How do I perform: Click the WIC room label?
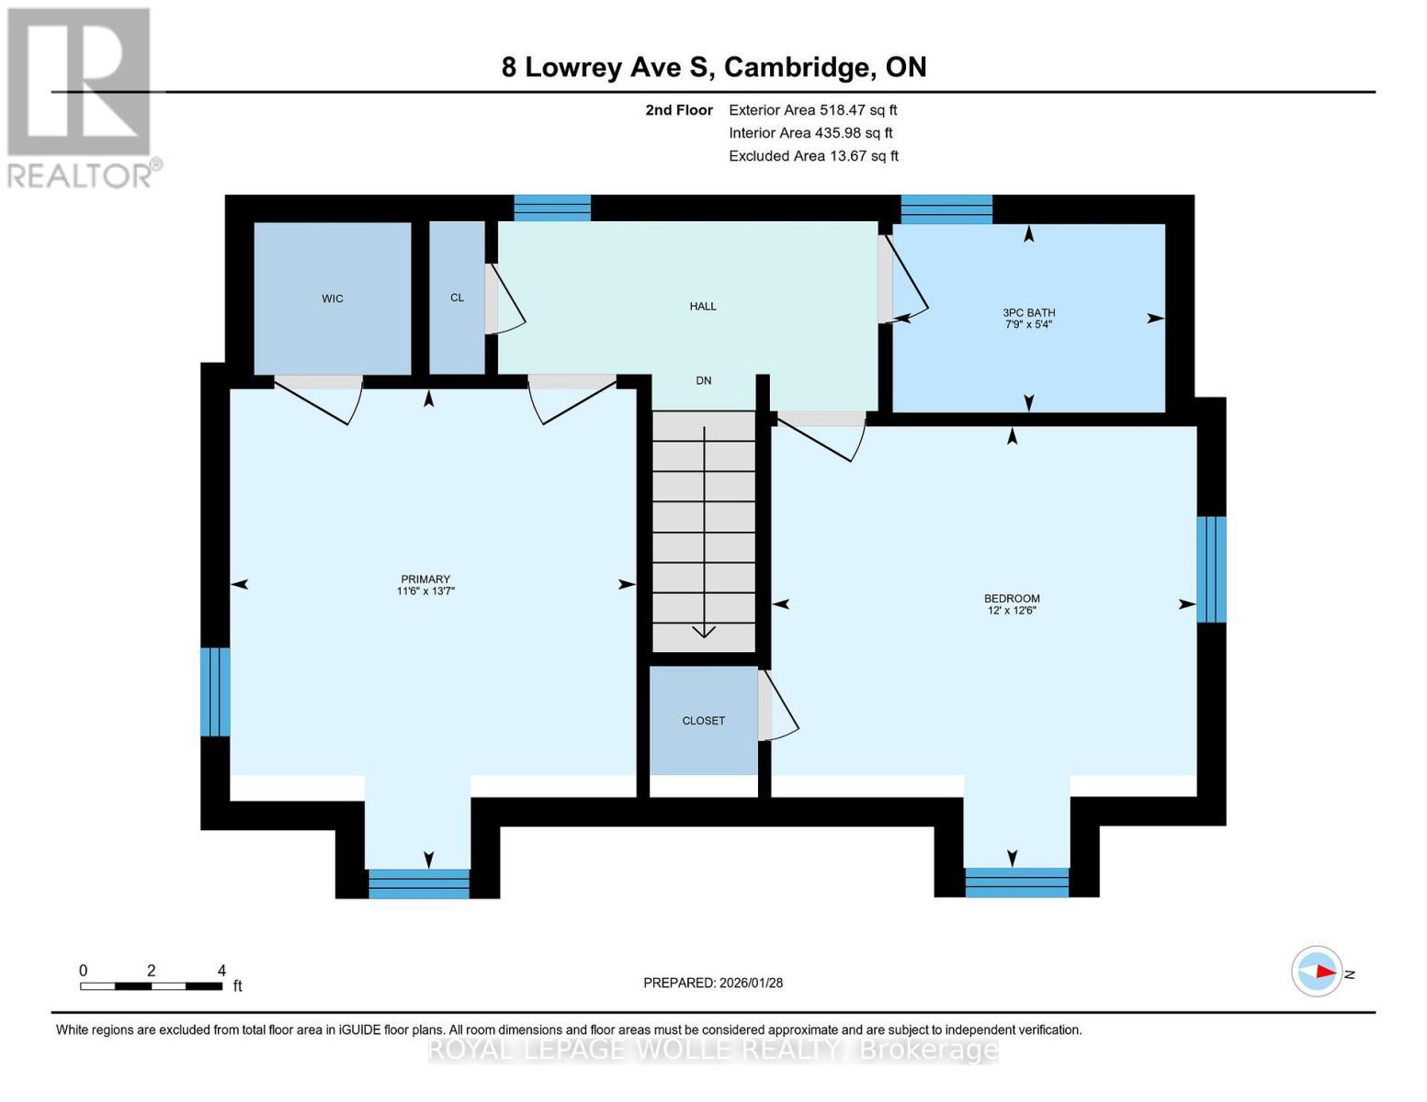333,298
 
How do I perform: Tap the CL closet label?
457,298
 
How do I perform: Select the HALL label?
703,306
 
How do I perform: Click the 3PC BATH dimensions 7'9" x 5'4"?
1028,324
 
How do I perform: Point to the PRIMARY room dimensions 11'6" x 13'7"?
425,591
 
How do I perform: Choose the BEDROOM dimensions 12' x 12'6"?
1011,611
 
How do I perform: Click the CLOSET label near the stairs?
703,721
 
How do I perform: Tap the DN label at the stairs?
703,380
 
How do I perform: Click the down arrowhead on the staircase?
704,631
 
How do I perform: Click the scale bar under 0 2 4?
151,986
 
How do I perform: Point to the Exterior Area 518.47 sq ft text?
812,110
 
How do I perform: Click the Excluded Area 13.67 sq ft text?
813,156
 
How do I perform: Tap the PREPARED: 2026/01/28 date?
713,983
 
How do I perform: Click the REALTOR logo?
81,96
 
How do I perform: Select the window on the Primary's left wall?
215,692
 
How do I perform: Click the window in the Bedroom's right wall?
1211,569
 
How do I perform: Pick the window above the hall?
551,208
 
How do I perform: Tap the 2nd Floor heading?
679,110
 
